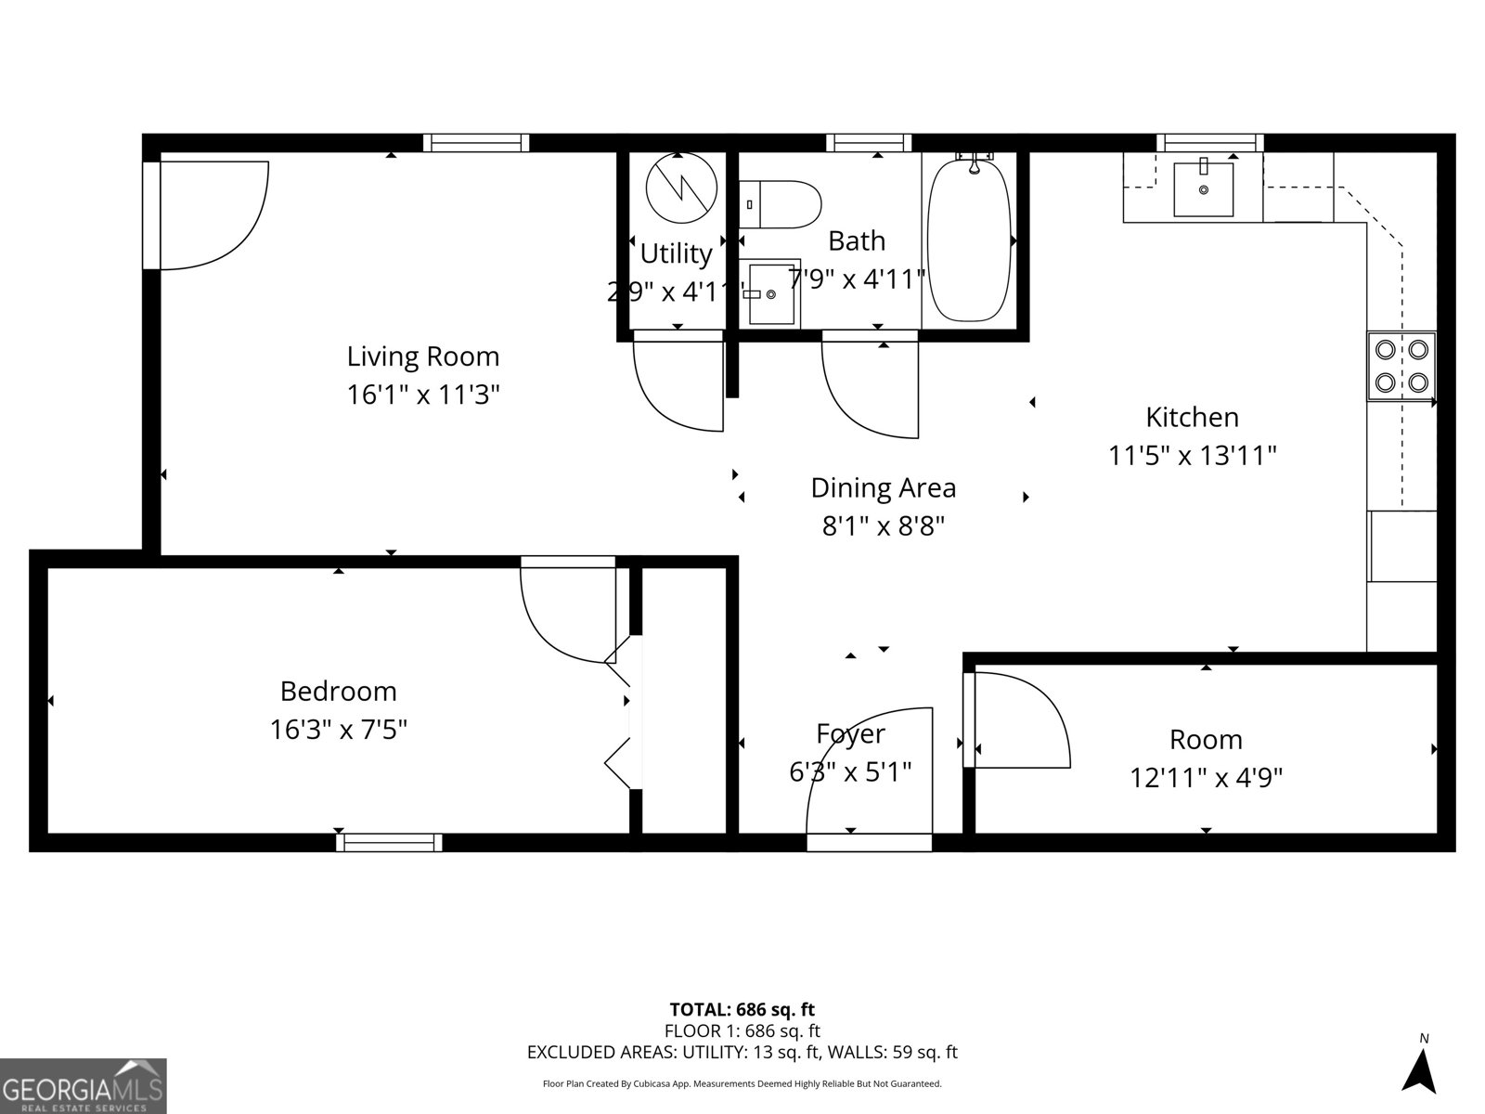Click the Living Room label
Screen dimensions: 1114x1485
[423, 356]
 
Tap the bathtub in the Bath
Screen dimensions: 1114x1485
[970, 240]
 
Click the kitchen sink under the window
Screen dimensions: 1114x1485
[1204, 188]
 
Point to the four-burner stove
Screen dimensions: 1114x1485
[1401, 366]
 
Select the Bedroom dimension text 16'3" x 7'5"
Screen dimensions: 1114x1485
[339, 730]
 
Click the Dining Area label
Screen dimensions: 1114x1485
[883, 487]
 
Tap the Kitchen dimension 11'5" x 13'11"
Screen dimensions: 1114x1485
[1193, 456]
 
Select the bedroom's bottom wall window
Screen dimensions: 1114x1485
[389, 842]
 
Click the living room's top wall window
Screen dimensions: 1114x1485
[476, 143]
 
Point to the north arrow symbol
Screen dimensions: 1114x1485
[1419, 1077]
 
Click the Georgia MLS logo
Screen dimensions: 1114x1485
[83, 1085]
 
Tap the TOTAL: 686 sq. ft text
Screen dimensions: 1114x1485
[742, 1009]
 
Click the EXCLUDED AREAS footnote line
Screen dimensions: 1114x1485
[742, 1052]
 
